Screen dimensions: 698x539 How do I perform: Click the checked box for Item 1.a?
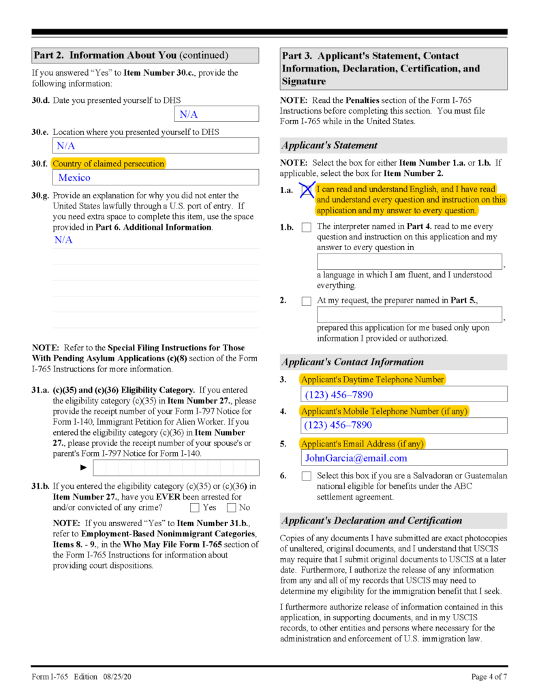[x=307, y=190]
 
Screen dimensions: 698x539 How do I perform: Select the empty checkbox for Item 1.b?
[x=306, y=227]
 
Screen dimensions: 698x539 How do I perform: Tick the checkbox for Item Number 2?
[x=306, y=301]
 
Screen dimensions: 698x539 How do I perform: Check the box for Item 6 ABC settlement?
[x=306, y=476]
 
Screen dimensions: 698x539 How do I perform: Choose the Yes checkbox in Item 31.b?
[x=195, y=507]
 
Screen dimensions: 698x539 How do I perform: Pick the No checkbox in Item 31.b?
[x=231, y=507]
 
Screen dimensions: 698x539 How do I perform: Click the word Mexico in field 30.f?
[x=74, y=177]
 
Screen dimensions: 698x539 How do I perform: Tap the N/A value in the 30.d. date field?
[x=189, y=114]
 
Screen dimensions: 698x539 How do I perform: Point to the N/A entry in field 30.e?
[x=66, y=146]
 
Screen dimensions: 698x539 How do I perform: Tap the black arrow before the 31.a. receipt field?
[x=84, y=468]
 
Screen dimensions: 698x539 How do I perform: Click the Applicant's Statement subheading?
[x=330, y=145]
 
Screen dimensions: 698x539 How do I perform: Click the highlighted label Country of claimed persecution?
[x=108, y=164]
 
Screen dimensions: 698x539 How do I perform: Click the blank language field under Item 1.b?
[x=409, y=262]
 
